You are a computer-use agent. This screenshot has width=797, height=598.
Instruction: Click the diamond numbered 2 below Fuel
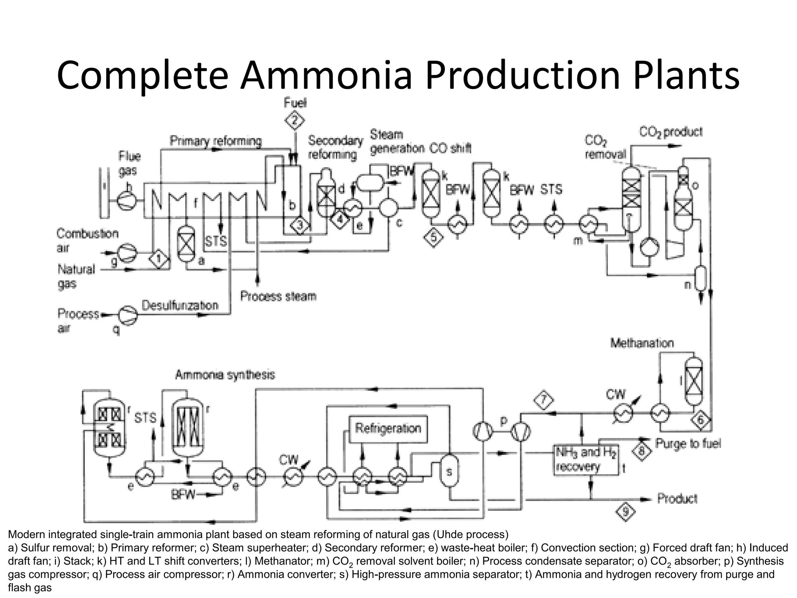coord(295,121)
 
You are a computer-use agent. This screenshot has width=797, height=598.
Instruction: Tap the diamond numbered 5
coord(434,237)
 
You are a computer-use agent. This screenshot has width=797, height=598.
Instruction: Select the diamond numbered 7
coord(544,400)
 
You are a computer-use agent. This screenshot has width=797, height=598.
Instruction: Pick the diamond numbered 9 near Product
coord(625,512)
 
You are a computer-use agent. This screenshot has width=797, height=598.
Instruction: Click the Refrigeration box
coord(388,429)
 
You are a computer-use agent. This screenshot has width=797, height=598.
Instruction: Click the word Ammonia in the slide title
coord(326,75)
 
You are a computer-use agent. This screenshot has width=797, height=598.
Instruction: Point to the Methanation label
coord(642,343)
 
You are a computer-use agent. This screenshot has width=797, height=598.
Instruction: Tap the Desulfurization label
coord(180,305)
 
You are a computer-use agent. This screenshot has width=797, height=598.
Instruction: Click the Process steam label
coord(278,296)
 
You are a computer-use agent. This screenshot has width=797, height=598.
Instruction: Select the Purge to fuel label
coord(688,443)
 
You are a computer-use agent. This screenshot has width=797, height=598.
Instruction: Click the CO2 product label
coord(671,132)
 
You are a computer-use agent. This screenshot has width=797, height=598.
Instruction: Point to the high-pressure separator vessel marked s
coord(449,472)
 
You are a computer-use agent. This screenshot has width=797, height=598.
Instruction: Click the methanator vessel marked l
coord(693,381)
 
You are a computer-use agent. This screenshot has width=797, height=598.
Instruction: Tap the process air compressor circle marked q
coord(128,315)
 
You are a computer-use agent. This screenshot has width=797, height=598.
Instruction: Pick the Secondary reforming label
coord(335,147)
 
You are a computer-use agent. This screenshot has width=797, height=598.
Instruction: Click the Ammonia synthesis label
coord(225,375)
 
